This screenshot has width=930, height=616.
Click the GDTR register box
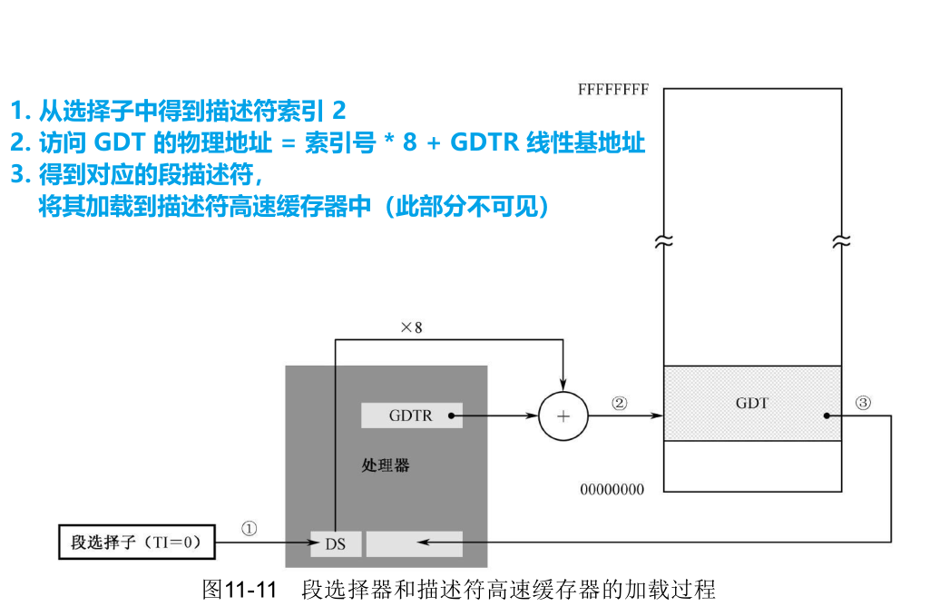(411, 416)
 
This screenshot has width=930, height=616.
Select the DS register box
(335, 544)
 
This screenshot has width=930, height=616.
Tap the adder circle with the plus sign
(563, 416)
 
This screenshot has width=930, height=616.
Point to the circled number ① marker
(250, 528)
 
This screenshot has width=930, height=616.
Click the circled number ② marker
(619, 404)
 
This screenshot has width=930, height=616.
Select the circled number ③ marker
(863, 404)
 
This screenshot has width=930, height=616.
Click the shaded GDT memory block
(752, 403)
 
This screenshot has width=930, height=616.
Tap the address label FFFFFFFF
(613, 91)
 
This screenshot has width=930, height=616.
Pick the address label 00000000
(612, 490)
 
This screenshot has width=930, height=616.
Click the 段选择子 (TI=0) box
(137, 543)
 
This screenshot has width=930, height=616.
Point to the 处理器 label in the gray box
(386, 465)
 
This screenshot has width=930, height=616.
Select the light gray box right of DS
(415, 543)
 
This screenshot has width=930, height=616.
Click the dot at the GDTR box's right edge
(451, 416)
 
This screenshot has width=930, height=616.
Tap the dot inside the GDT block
(827, 416)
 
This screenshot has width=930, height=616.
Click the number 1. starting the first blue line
(19, 111)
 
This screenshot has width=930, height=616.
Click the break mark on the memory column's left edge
(664, 242)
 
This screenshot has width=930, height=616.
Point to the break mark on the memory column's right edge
(841, 242)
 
